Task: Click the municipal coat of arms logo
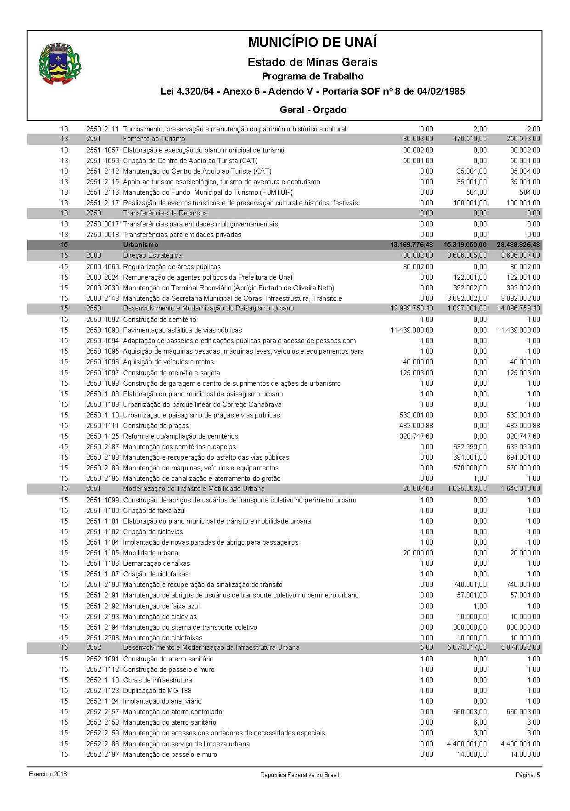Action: coord(60,64)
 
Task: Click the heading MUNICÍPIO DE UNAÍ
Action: coord(312,43)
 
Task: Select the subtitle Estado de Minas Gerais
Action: coord(312,62)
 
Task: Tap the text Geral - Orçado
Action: coord(313,110)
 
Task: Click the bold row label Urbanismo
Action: coord(141,245)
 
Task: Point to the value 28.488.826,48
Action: coord(518,245)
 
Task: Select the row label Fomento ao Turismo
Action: coord(154,139)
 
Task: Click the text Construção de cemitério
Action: coord(159,320)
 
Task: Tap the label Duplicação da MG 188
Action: coord(157,691)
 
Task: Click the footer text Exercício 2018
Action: coord(48,774)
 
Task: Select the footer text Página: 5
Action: coord(528,775)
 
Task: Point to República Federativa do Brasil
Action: coord(299,775)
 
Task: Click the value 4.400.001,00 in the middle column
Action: coord(465,744)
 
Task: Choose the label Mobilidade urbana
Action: coord(150,553)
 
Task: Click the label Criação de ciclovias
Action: coord(153,532)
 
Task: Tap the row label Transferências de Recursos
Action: coord(165,213)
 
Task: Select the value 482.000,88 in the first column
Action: coord(416,426)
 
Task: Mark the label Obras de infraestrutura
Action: coord(158,680)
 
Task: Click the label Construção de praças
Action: coord(156,426)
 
